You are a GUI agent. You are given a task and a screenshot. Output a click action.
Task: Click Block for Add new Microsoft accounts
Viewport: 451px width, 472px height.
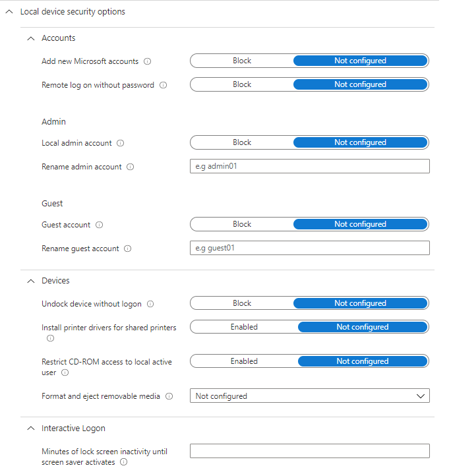[242, 61]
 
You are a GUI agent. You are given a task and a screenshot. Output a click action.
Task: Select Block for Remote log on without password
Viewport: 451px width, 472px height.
[242, 84]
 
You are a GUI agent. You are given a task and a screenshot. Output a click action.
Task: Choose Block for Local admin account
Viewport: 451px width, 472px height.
[242, 142]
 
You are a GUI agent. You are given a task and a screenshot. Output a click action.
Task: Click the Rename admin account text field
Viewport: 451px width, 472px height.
[309, 166]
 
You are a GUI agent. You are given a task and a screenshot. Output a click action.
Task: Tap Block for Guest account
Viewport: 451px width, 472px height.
[242, 224]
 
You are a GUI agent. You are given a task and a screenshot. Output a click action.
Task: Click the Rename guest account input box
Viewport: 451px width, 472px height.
[309, 248]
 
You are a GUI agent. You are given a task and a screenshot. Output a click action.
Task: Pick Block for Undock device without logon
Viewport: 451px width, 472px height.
[242, 303]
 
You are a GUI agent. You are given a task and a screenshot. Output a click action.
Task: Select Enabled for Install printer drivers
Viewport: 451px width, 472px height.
[244, 327]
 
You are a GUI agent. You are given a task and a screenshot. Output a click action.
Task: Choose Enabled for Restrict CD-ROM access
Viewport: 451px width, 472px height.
[244, 361]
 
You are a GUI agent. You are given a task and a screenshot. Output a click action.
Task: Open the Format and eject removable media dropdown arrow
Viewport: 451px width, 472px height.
[421, 396]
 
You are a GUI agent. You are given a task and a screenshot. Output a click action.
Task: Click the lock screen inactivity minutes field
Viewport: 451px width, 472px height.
[309, 451]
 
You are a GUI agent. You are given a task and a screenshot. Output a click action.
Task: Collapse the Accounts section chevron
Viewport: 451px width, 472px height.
[30, 38]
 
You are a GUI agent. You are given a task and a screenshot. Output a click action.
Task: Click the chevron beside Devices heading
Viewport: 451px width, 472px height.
[30, 281]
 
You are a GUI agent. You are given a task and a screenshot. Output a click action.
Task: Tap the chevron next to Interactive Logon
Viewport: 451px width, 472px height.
[30, 428]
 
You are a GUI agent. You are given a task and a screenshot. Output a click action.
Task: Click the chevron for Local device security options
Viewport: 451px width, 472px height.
[9, 12]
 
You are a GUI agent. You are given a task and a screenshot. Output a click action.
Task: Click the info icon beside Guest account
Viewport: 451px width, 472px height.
[100, 225]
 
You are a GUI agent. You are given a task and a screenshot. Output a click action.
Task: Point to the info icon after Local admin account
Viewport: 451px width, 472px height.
[121, 143]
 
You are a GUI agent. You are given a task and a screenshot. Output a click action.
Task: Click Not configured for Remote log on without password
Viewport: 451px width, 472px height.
[360, 84]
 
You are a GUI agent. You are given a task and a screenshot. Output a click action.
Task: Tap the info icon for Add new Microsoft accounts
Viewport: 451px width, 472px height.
[147, 61]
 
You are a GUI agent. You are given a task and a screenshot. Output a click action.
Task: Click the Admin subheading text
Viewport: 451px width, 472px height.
[53, 122]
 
